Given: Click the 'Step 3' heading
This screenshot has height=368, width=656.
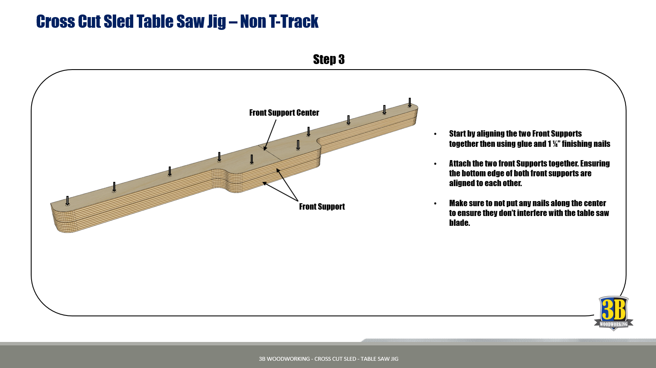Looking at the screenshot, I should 328,59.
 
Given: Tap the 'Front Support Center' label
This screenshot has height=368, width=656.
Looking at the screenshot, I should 284,113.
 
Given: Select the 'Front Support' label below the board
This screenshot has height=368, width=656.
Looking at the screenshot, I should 322,207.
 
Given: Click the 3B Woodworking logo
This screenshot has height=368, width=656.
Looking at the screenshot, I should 613,313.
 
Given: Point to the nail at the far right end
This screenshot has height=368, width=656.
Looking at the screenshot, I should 410,102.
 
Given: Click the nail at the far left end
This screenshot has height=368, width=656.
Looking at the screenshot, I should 67,201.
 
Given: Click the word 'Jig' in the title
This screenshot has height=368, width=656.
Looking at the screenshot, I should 217,21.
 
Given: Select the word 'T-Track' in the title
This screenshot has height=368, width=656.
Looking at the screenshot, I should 293,21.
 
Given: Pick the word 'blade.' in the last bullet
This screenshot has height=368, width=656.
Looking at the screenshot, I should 460,223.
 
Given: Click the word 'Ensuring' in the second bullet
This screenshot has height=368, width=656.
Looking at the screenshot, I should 594,164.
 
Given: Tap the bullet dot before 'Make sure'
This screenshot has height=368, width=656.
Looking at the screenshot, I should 435,204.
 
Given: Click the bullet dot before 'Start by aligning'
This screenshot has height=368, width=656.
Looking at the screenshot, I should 435,134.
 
